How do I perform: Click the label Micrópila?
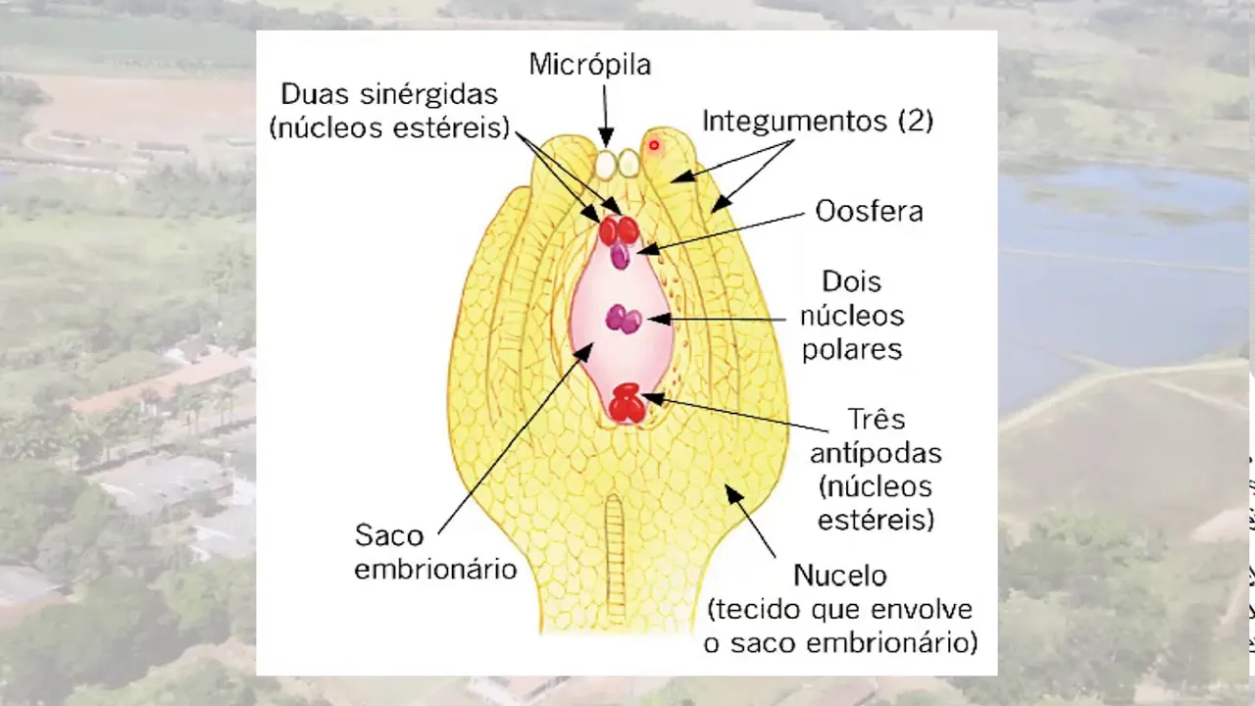(x=589, y=65)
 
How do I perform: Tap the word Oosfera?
(x=869, y=212)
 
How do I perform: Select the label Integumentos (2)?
(x=817, y=122)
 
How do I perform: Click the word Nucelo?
(x=839, y=575)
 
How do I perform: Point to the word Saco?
(x=389, y=535)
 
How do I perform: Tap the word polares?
(x=851, y=349)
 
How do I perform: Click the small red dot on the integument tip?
(x=654, y=145)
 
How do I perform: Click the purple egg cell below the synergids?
(x=621, y=256)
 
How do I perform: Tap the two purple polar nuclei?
(x=624, y=319)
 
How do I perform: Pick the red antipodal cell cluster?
(x=627, y=403)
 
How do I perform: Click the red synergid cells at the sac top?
(x=619, y=230)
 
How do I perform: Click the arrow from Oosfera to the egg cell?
(x=726, y=231)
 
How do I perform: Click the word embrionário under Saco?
(x=435, y=570)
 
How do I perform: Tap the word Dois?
(x=852, y=282)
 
